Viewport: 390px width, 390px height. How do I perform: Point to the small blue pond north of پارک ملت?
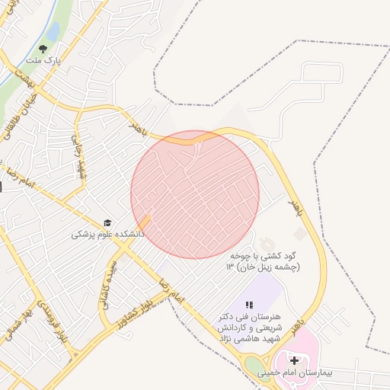coord(53,31)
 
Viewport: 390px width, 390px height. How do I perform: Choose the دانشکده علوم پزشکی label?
coord(107,235)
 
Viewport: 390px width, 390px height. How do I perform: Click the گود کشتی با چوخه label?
coord(263,262)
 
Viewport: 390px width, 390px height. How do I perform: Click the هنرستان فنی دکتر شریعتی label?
coord(250,327)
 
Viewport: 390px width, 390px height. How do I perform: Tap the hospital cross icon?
coord(294,360)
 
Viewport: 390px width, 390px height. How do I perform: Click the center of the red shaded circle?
coord(195,194)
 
